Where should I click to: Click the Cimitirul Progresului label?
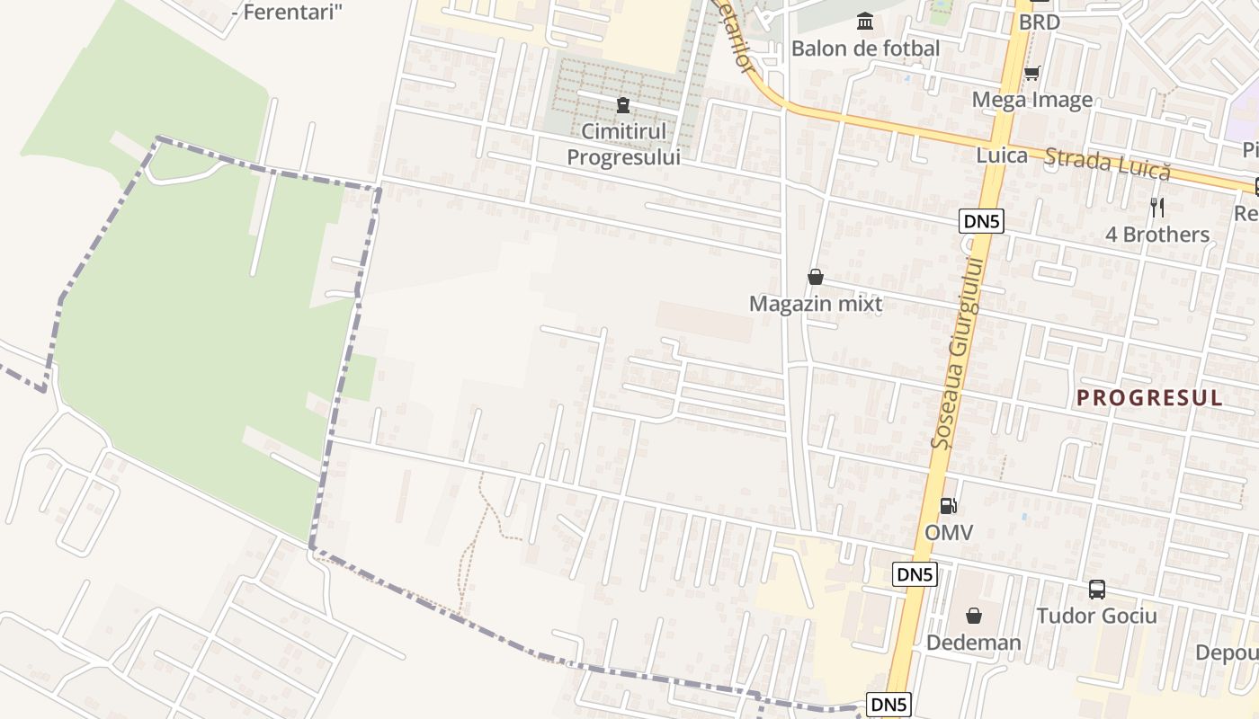tap(623, 144)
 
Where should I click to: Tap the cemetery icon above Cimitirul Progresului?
tap(622, 106)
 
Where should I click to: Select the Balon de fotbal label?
tap(865, 49)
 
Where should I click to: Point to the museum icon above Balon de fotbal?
tap(865, 20)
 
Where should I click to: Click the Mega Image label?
tap(1032, 100)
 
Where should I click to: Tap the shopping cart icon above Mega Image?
tap(1032, 73)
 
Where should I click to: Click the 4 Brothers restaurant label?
tap(1157, 235)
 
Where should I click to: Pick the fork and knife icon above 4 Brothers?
tap(1157, 208)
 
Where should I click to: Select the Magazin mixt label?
tap(816, 304)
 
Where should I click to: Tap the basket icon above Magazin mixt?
tap(816, 277)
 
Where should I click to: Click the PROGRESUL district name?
tap(1149, 398)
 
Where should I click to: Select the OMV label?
tap(949, 533)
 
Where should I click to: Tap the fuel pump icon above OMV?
tap(949, 506)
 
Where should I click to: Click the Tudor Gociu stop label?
tap(1096, 616)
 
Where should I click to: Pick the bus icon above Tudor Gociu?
tap(1097, 590)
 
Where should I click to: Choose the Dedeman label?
tap(974, 643)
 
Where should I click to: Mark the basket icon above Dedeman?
tap(974, 616)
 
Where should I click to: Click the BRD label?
tap(1039, 22)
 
